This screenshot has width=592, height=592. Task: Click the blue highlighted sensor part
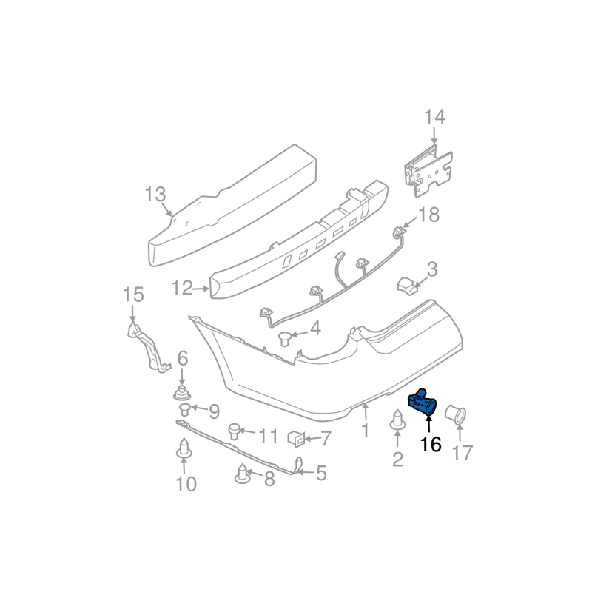[422, 403]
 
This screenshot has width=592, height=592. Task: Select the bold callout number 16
[431, 445]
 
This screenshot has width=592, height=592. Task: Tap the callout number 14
[435, 117]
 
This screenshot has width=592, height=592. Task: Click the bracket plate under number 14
[428, 172]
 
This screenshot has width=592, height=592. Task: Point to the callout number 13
[155, 195]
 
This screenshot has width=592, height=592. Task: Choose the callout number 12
[182, 288]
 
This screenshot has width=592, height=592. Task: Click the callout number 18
[429, 215]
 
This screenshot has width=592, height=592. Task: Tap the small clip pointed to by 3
[406, 284]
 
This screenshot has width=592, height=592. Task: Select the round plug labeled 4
[286, 338]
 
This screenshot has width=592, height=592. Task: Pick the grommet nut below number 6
[182, 394]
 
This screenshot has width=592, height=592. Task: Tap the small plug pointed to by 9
[185, 409]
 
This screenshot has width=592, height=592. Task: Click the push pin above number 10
[184, 449]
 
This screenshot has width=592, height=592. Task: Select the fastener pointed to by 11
[235, 431]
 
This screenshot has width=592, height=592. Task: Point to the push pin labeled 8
[243, 473]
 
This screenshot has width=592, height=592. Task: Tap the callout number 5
[321, 473]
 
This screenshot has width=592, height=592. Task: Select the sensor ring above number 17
[456, 414]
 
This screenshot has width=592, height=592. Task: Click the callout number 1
[365, 431]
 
